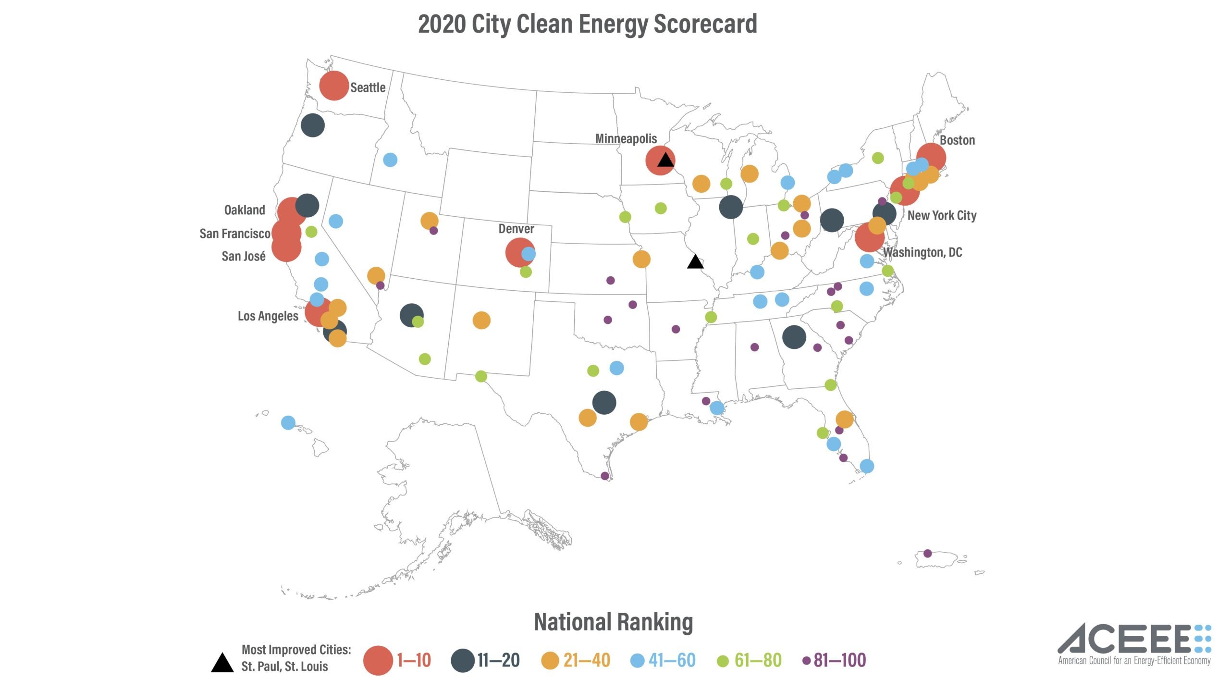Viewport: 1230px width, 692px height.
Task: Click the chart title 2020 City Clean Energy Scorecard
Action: tap(587, 24)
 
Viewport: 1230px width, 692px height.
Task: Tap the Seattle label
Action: tap(368, 87)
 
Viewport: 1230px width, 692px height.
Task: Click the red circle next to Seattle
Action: tap(333, 86)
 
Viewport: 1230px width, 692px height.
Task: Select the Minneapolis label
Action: tap(626, 139)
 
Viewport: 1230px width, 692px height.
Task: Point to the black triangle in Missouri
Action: tap(695, 262)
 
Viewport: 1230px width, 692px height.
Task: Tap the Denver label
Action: tap(516, 229)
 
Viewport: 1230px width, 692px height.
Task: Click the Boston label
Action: tap(957, 140)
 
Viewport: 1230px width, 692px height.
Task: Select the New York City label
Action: tap(942, 215)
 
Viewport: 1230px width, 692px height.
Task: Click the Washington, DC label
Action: tap(922, 252)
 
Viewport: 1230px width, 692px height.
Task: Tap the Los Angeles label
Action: tap(268, 316)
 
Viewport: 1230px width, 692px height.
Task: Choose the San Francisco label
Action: tap(234, 234)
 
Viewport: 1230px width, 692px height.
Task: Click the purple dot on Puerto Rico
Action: tap(928, 554)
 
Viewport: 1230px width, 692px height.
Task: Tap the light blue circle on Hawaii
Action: tap(288, 423)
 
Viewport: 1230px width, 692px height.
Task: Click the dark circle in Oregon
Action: tap(313, 125)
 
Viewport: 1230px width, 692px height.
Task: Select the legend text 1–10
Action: tap(414, 660)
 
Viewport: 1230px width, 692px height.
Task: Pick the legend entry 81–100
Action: tap(839, 660)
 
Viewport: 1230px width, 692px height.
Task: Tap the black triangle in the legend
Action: tap(222, 664)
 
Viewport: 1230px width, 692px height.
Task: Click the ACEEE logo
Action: tap(1134, 644)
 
